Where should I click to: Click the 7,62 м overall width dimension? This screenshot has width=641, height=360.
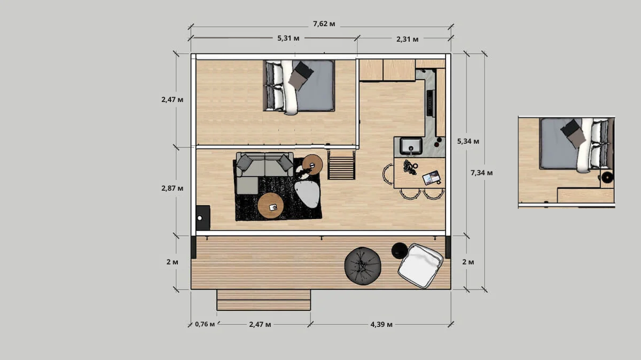[x=324, y=24]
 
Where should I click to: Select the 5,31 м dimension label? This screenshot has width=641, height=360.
[x=288, y=38]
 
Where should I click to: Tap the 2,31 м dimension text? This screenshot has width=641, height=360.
[x=407, y=39]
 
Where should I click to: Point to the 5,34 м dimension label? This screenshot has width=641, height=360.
[x=468, y=141]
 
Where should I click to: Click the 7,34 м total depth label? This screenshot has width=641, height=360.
[x=482, y=173]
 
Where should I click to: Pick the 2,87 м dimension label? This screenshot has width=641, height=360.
[x=172, y=188]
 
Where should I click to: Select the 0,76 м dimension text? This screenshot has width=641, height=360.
[x=205, y=324]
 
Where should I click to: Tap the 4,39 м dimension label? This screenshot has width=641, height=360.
[x=381, y=325]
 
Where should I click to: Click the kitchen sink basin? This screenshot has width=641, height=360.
[x=411, y=146]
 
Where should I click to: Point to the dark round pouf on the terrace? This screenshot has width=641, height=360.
[x=363, y=266]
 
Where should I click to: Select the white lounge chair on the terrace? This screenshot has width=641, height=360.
[x=420, y=266]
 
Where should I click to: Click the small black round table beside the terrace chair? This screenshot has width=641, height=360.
[x=399, y=251]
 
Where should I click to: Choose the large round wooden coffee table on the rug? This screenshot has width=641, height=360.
[x=270, y=206]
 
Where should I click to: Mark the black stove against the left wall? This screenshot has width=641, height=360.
[x=203, y=217]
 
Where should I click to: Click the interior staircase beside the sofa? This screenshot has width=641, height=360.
[x=341, y=165]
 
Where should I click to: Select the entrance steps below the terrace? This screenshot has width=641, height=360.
[x=263, y=300]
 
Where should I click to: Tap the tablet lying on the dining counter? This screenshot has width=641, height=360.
[x=431, y=178]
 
